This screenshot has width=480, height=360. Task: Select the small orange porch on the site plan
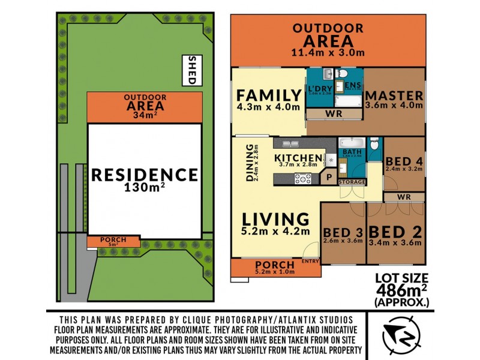pos(113,241)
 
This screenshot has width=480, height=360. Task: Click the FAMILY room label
pos(268,96)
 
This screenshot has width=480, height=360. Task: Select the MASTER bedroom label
pos(394,96)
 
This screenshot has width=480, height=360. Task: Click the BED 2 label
pos(395,232)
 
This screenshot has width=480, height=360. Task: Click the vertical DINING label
pos(250,163)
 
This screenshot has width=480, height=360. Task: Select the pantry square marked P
pos(328,177)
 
